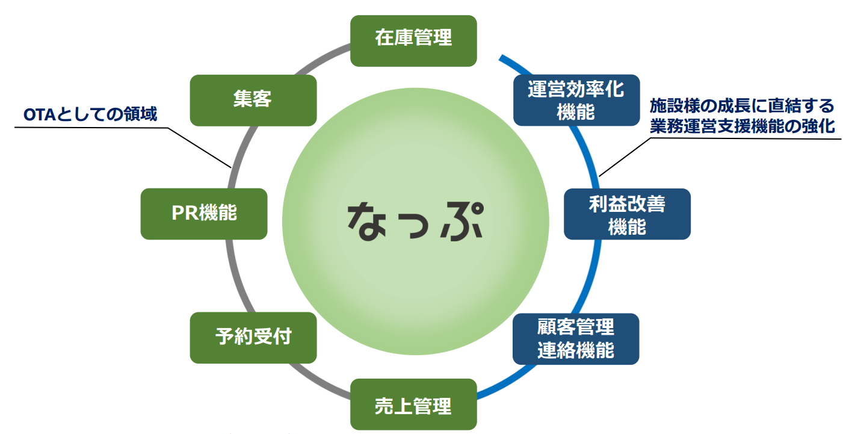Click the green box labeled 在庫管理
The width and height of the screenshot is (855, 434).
413,40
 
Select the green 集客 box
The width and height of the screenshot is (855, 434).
253,100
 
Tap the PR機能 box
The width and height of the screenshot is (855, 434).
204,214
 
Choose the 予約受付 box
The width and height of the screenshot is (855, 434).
253,337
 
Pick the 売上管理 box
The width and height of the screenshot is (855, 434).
413,404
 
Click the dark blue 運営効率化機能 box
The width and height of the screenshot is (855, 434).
576,100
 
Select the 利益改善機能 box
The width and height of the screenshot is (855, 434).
627,214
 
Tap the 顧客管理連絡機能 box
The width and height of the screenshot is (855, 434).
576,338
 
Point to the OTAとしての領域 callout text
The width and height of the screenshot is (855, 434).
90,114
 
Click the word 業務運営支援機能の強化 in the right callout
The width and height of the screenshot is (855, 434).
742,126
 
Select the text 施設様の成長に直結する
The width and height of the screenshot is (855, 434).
742,107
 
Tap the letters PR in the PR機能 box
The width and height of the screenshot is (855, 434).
181,214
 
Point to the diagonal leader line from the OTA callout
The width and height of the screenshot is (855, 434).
199,147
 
